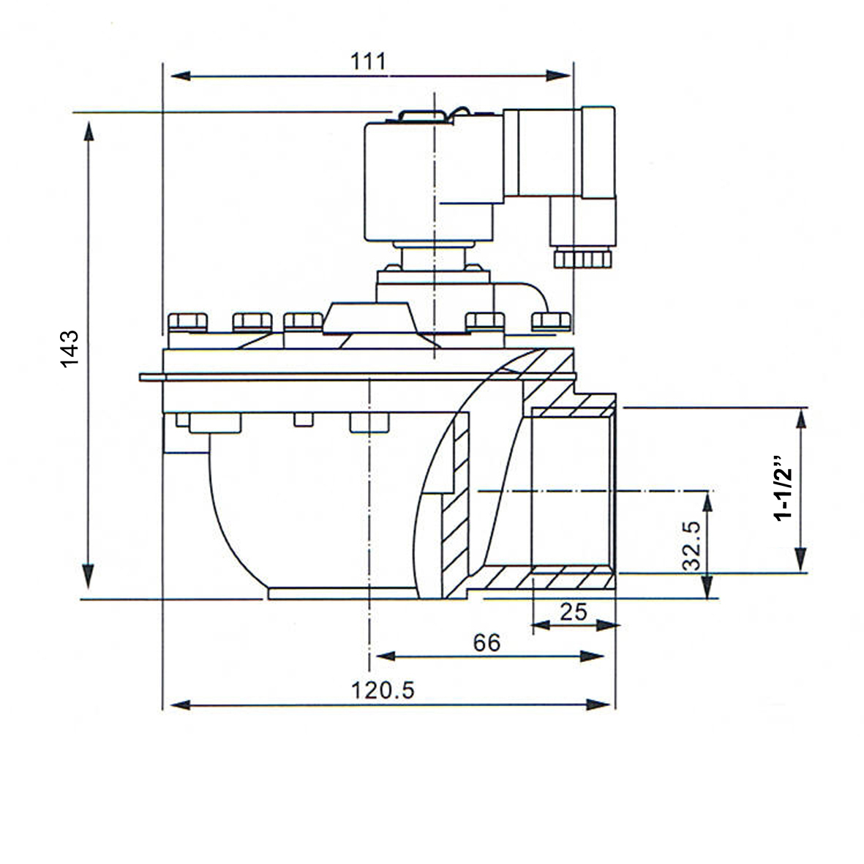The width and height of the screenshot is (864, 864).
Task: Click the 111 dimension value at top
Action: click(x=367, y=61)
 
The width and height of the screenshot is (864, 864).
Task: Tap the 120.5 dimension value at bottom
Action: click(x=383, y=690)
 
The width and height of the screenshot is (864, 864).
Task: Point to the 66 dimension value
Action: click(x=487, y=642)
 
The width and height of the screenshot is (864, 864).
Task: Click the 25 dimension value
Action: click(x=574, y=612)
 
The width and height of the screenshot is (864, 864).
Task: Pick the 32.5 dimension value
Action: click(x=691, y=545)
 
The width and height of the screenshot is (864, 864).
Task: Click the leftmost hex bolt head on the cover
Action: click(x=187, y=322)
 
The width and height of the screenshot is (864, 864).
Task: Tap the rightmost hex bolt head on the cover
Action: click(x=551, y=320)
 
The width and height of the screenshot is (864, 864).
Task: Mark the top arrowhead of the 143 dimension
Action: click(x=89, y=132)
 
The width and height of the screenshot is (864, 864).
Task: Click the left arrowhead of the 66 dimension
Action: click(x=383, y=656)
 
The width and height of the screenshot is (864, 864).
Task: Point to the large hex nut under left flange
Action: click(x=215, y=423)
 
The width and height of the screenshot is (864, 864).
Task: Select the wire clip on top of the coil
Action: click(x=421, y=115)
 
